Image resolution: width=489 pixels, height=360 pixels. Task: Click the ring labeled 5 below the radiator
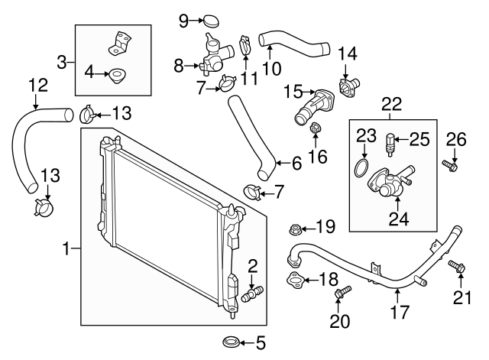pyautogui.click(x=230, y=341)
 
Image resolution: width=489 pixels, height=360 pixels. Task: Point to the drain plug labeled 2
pyautogui.click(x=253, y=293)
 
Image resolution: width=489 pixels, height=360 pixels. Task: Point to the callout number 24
pyautogui.click(x=400, y=220)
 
